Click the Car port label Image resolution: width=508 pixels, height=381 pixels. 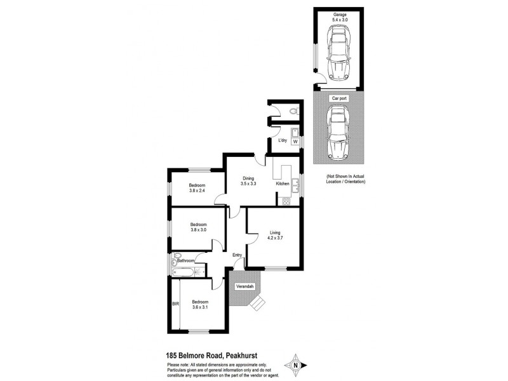pos(339,99)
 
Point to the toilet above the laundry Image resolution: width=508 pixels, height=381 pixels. pos(291,111)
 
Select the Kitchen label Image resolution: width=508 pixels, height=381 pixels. pos(283,184)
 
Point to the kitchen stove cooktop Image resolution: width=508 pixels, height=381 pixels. pos(285,202)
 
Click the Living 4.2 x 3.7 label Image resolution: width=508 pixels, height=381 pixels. pos(274,236)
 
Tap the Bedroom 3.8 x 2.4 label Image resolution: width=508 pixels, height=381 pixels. pos(197,188)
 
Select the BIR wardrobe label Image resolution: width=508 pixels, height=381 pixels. pos(175,304)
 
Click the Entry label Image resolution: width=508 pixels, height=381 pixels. pos(237,256)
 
